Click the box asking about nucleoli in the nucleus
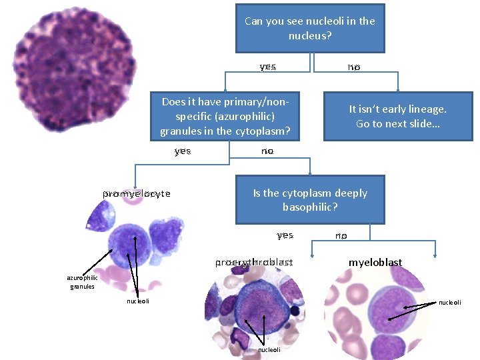tap(310, 28)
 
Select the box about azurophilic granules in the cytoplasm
tap(225, 117)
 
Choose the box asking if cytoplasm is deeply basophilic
tap(310, 200)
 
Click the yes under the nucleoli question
tap(267, 67)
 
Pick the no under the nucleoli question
tap(353, 67)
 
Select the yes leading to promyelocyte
tap(182, 151)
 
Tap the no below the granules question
tap(267, 151)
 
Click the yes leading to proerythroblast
tap(285, 235)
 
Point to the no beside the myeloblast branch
tap(341, 235)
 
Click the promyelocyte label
tap(137, 194)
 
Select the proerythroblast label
tap(254, 263)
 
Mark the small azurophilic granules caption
tap(82, 282)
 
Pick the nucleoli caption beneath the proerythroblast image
tap(269, 349)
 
